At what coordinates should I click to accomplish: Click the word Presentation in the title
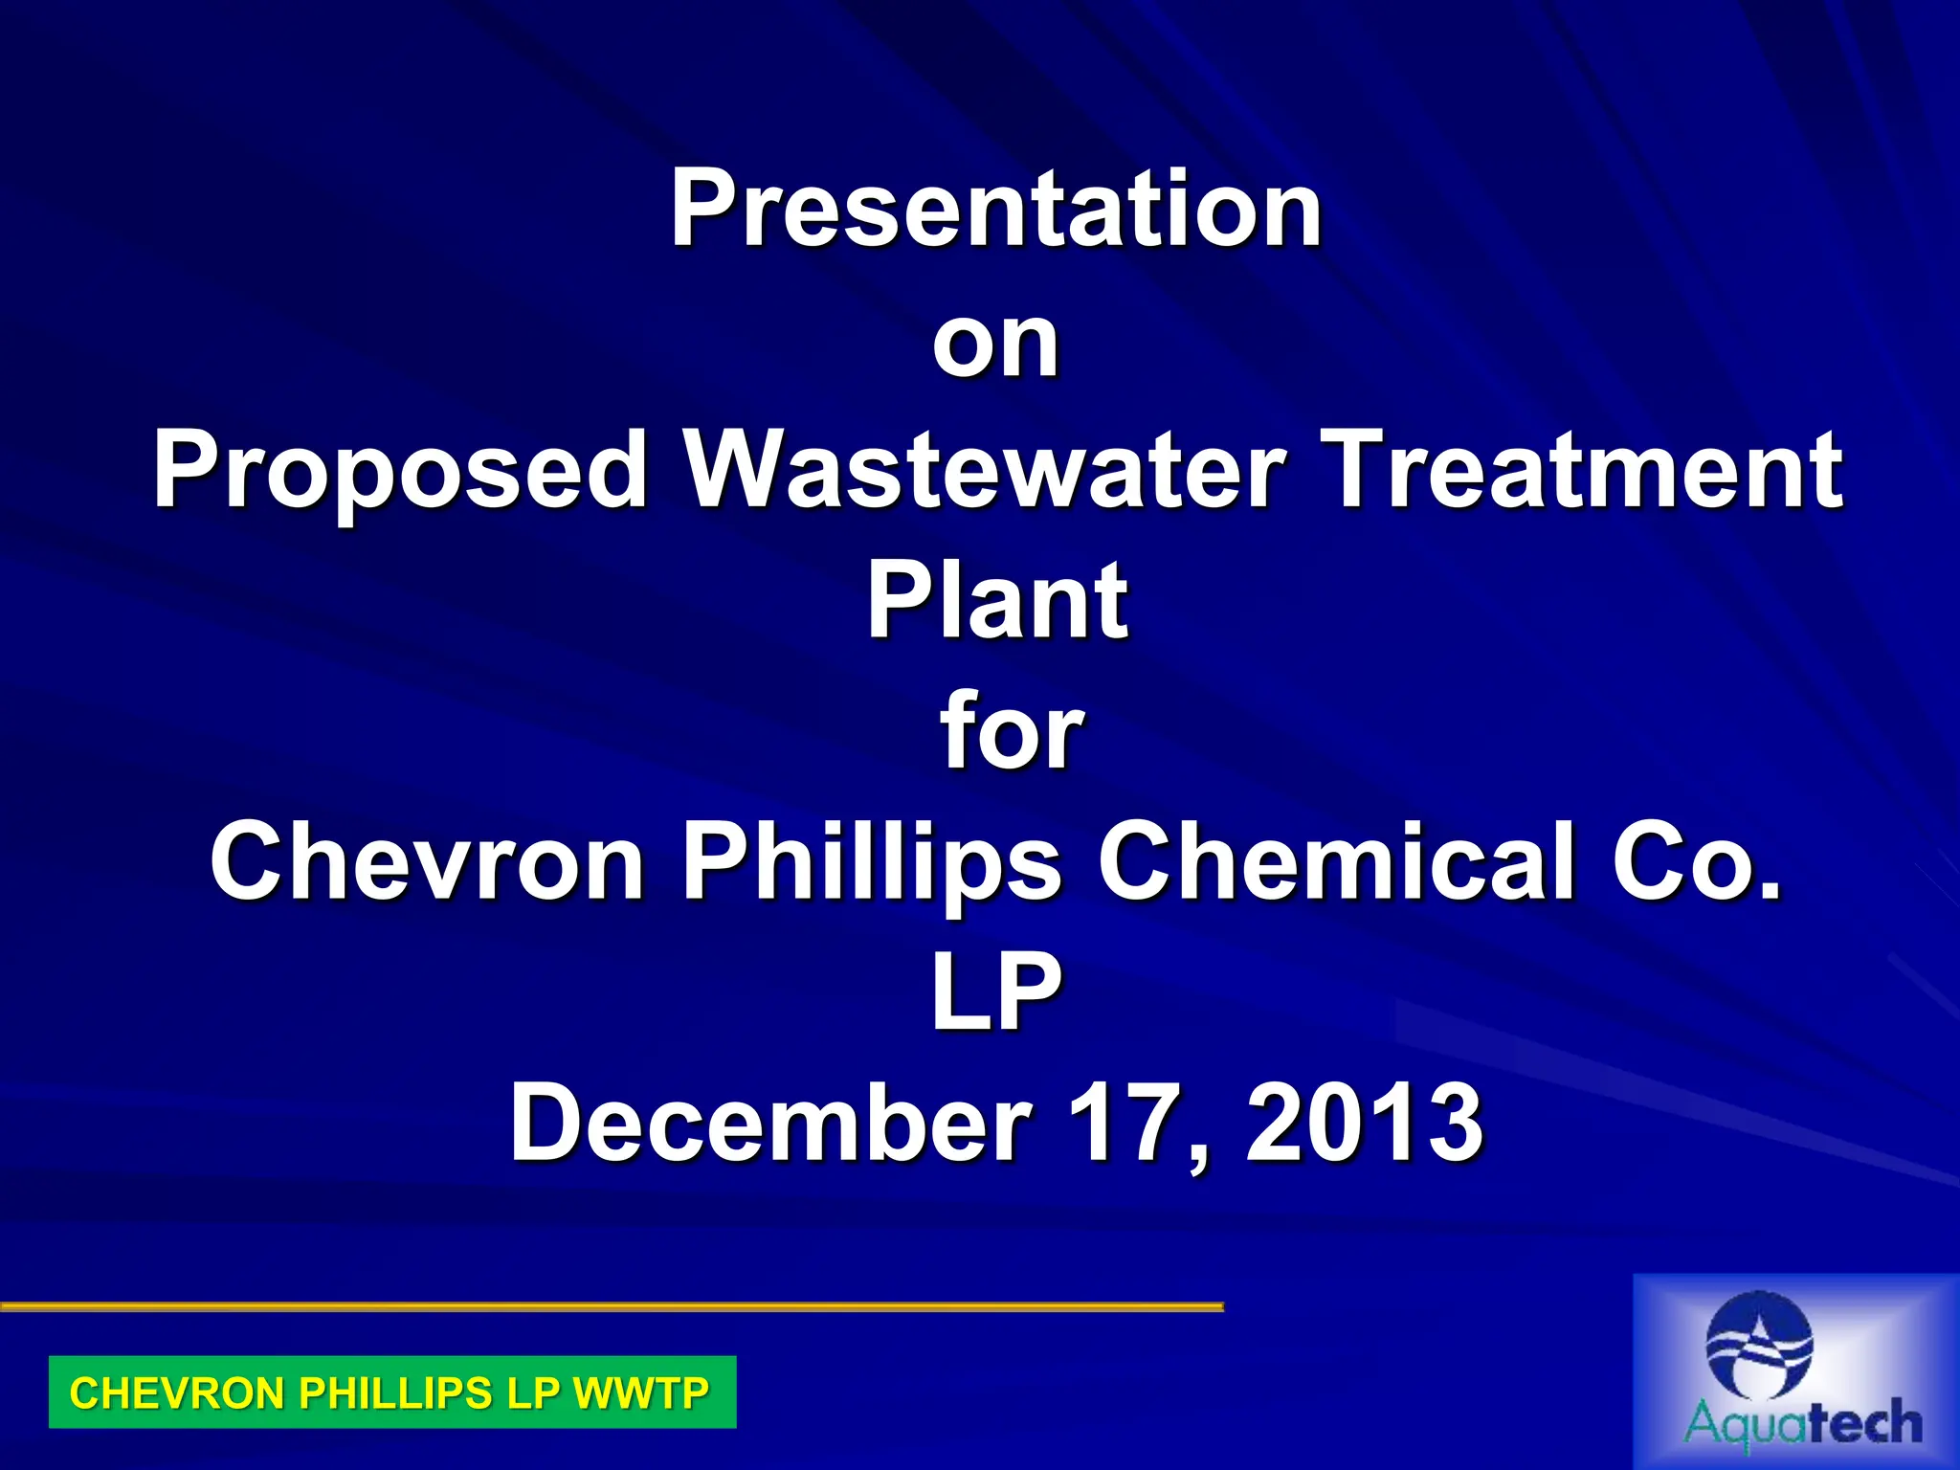point(995,208)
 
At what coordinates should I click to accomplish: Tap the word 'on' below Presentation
point(995,343)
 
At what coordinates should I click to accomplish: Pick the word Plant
point(997,601)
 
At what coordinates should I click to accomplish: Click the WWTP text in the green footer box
point(641,1392)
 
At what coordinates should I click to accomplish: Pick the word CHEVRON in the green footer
point(178,1392)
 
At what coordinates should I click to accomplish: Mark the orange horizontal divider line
point(612,1305)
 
